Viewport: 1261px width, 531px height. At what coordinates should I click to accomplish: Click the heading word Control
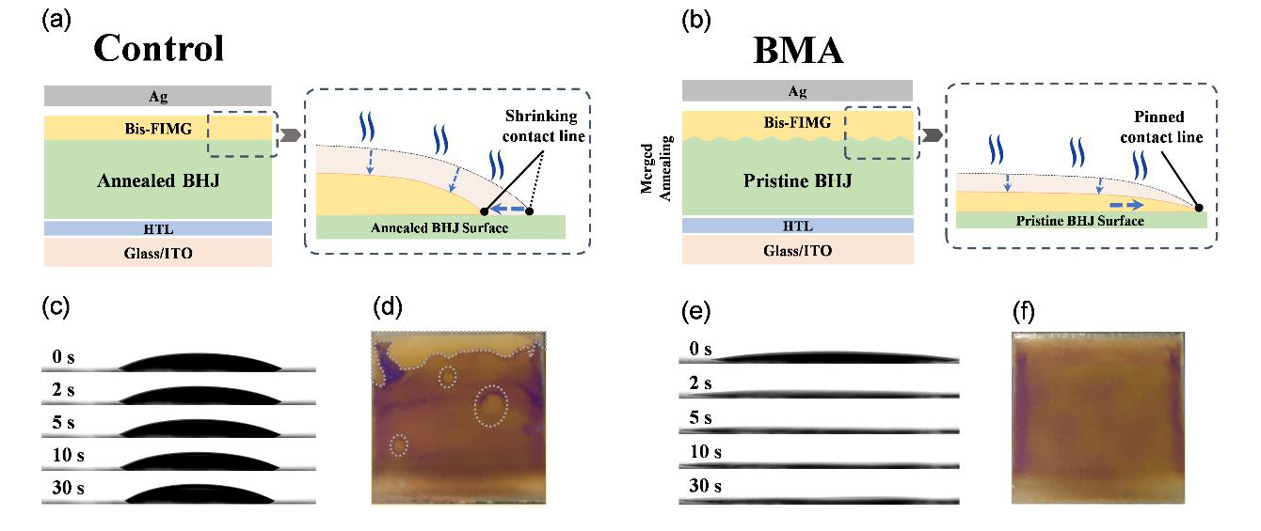tap(158, 48)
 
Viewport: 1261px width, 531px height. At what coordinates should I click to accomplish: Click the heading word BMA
tap(798, 51)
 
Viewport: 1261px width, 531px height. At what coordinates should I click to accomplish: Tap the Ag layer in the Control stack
tap(157, 96)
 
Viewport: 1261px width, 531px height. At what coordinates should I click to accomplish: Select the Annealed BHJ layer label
tap(157, 181)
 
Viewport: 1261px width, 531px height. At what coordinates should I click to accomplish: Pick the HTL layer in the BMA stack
tap(795, 226)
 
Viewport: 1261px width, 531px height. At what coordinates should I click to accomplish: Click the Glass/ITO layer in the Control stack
tap(157, 253)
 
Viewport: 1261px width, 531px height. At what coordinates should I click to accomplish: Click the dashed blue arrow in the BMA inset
tap(1124, 202)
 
